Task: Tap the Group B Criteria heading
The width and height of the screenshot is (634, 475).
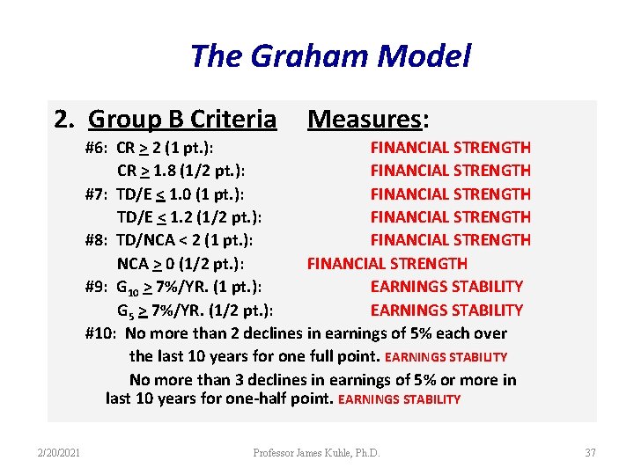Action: click(182, 119)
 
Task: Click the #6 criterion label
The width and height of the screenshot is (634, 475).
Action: click(97, 148)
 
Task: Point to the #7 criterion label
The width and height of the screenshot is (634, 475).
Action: click(97, 194)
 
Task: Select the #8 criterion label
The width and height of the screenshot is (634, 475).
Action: click(97, 240)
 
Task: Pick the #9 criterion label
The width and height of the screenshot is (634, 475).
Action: click(97, 287)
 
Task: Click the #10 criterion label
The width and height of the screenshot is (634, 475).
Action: click(100, 333)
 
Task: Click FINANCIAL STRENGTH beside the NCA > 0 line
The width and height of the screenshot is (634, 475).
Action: click(387, 264)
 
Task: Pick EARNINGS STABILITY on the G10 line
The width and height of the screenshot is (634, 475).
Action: click(446, 287)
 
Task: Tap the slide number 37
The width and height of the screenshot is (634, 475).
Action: click(590, 453)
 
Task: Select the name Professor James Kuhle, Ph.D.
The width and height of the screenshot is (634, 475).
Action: click(316, 453)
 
